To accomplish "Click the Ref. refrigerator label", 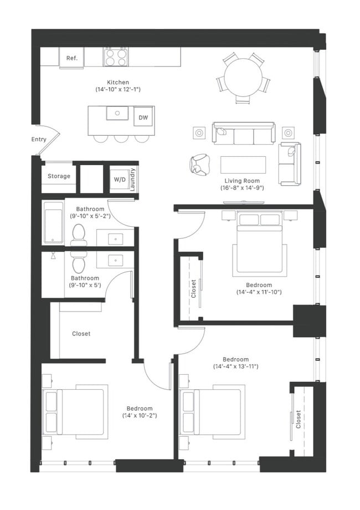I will (72, 58).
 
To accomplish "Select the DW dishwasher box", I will (143, 118).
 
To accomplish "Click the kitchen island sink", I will (117, 114).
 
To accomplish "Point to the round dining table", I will (243, 76).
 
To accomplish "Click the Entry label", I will (39, 139).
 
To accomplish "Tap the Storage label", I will (59, 176).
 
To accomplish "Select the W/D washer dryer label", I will (120, 180).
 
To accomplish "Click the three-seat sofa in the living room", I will (243, 134).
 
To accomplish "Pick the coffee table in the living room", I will (243, 164).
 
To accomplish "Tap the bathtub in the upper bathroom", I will (54, 222).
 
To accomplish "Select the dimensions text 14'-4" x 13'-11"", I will (236, 366).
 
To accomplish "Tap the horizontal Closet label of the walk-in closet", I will (81, 334).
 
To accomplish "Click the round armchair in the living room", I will (199, 165).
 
